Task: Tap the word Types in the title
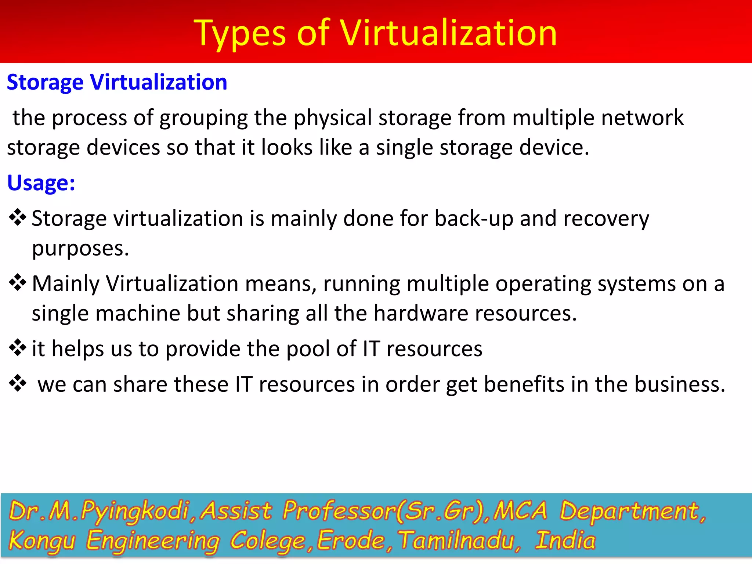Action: tap(239, 34)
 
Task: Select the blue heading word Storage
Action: tap(45, 82)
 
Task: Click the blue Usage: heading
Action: tap(41, 183)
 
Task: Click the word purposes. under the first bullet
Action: tap(80, 249)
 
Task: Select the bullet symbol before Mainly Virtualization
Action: tap(18, 283)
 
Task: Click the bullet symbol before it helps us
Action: tap(18, 347)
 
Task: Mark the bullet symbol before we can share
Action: tap(18, 383)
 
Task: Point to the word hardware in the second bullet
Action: tap(420, 313)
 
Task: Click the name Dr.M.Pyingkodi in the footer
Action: tap(99, 511)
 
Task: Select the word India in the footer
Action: tap(565, 540)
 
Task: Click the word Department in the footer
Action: tap(630, 511)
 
